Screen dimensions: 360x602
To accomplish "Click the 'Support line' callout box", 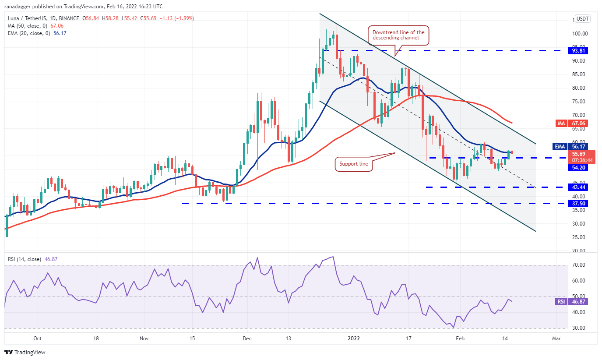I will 354,165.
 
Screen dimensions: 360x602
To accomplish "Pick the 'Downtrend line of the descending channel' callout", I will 398,35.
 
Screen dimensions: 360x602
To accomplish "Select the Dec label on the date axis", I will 247,339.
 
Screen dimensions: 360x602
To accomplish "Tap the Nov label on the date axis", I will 144,339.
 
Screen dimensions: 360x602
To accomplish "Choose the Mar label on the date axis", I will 556,339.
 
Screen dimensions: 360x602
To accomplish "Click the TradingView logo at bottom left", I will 25,352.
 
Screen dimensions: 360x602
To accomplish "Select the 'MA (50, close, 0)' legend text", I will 27,26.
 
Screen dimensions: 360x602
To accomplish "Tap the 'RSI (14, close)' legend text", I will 25,259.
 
